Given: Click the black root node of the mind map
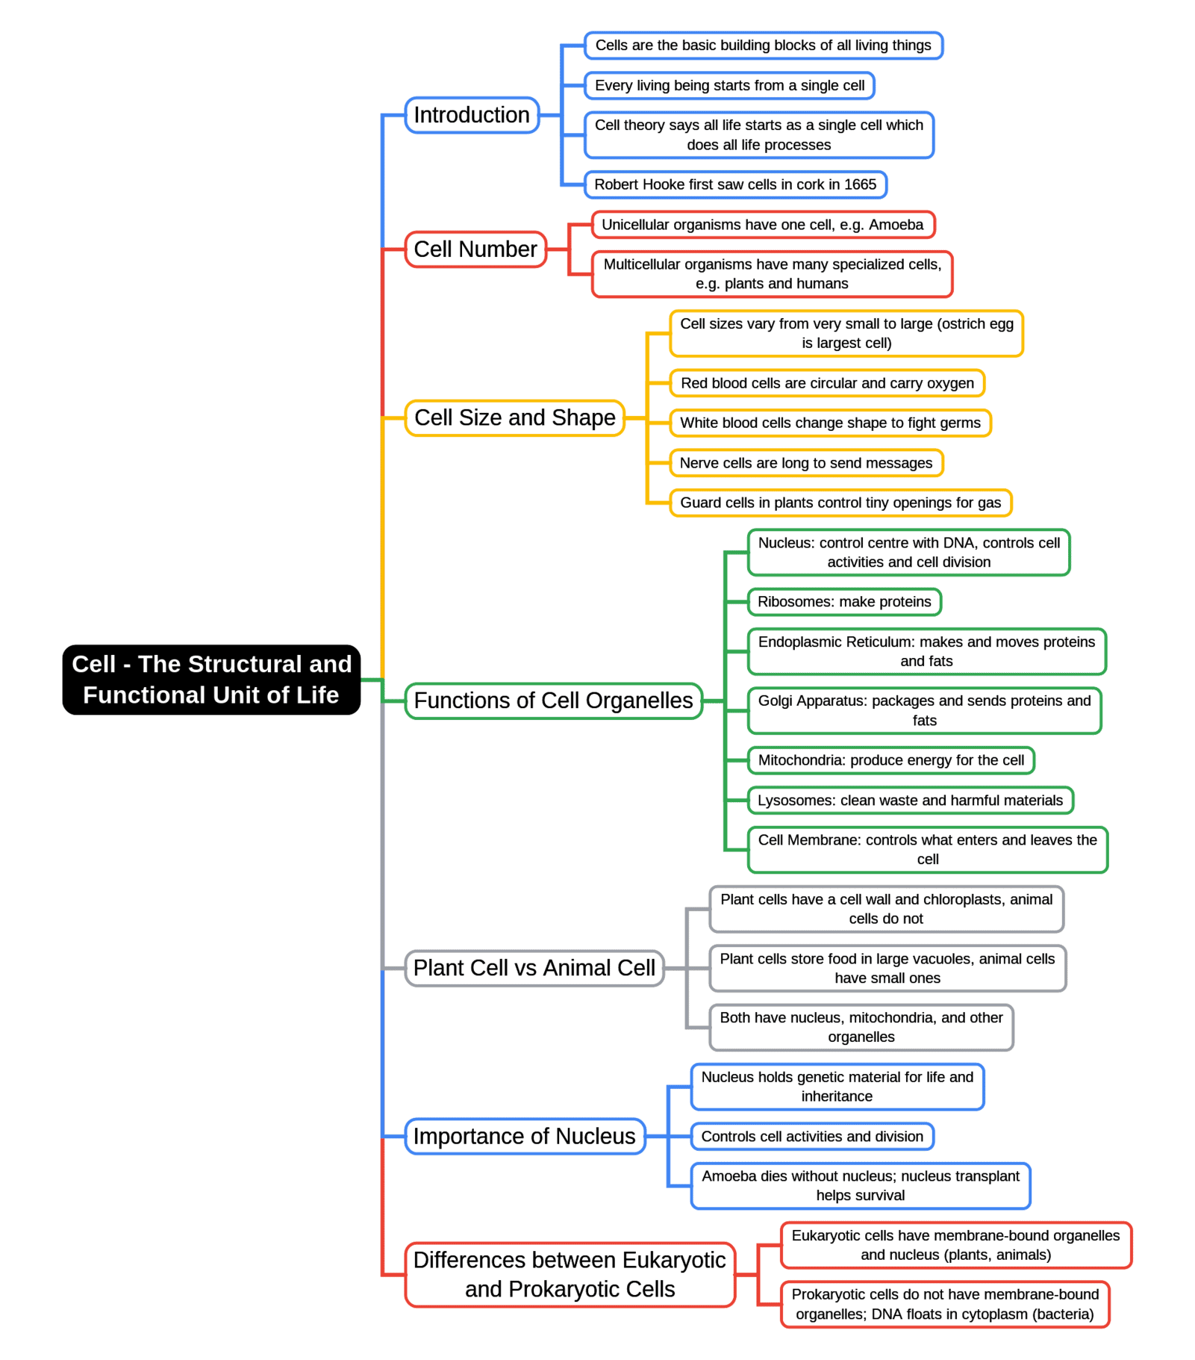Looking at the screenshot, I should pos(211,679).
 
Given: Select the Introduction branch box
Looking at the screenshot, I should pos(471,115).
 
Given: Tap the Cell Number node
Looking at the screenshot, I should pos(475,249).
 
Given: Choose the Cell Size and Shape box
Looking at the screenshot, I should pos(514,417).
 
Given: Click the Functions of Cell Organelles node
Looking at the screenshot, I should pos(553,701).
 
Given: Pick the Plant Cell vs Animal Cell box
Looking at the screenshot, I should pos(534,968).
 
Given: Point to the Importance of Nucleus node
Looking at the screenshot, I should pos(524,1136).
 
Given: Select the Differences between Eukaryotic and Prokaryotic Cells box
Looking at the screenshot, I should pos(570,1274).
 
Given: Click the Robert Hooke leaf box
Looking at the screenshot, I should pos(734,184).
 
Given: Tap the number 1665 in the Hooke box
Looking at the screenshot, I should pos(860,184).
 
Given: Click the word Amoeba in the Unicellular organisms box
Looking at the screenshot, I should pos(896,225).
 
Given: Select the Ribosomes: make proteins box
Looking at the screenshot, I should pos(843,602).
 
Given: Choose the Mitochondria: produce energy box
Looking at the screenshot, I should pos(890,760).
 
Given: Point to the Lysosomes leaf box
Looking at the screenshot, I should pos(909,801).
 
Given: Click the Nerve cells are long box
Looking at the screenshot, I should pos(805,463).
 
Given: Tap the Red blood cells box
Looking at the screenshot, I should pos(826,383).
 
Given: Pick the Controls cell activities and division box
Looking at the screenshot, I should pos(811,1137).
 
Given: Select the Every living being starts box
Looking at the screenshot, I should pos(728,86).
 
